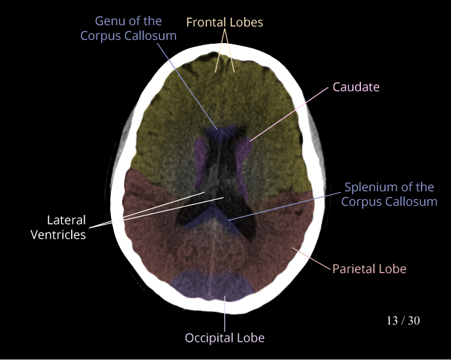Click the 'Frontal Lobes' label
[225, 22]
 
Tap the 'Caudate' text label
[356, 87]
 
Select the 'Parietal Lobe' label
[369, 269]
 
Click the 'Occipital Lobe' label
[225, 338]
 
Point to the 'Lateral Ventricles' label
[58, 227]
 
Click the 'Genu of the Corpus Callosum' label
[129, 29]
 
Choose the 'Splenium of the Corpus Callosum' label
[389, 195]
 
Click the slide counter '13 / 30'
[403, 321]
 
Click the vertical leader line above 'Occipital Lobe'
[225, 314]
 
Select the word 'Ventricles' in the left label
[58, 235]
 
